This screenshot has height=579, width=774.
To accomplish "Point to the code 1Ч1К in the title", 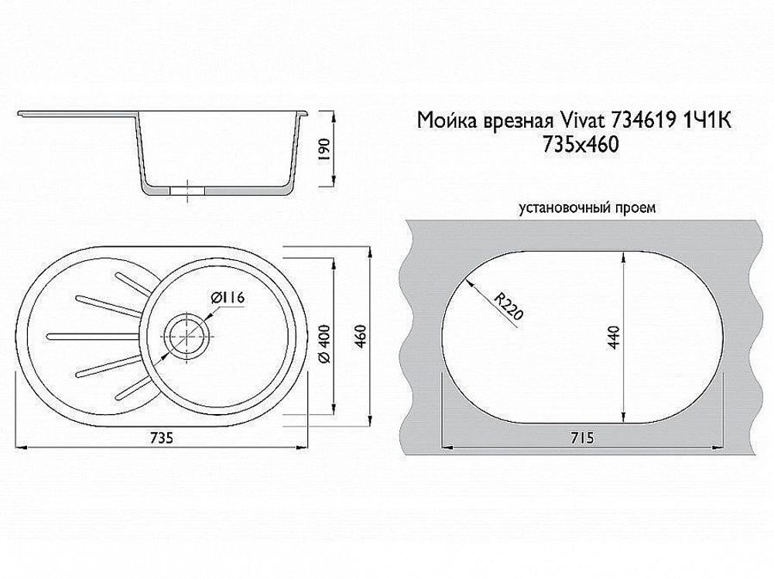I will point(707,121).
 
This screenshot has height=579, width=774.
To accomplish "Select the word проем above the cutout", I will point(637,207).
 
